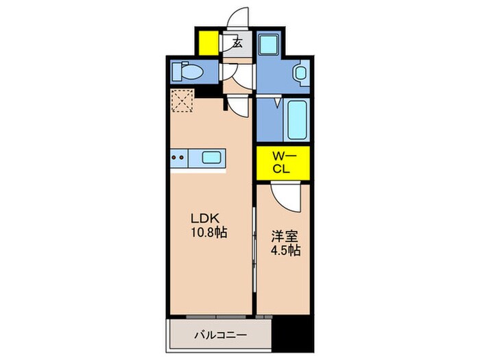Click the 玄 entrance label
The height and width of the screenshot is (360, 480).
click(237, 43)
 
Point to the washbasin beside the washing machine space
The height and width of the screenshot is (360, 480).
click(300, 73)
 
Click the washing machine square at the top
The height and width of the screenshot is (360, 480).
click(269, 43)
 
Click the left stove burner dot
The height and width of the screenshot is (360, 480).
click(174, 158)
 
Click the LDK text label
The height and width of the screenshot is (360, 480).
click(205, 219)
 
